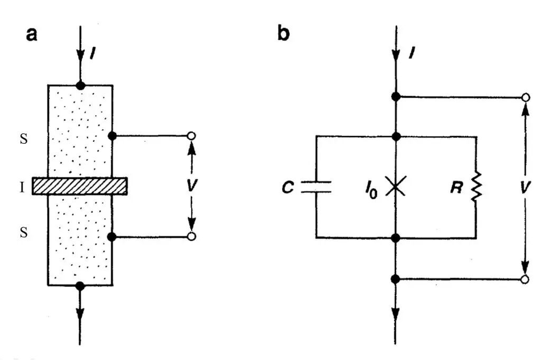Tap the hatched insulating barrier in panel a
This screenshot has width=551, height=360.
(80, 186)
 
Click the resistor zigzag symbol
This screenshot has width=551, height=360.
(477, 187)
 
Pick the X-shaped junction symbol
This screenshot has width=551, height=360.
(396, 187)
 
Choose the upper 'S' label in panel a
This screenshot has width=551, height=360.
(23, 141)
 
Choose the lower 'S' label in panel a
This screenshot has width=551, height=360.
(23, 233)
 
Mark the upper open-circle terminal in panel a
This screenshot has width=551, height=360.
(192, 136)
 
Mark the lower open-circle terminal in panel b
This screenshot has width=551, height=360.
(525, 279)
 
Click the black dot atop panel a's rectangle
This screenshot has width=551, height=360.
(80, 85)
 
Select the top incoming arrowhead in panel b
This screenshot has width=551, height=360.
(396, 56)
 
